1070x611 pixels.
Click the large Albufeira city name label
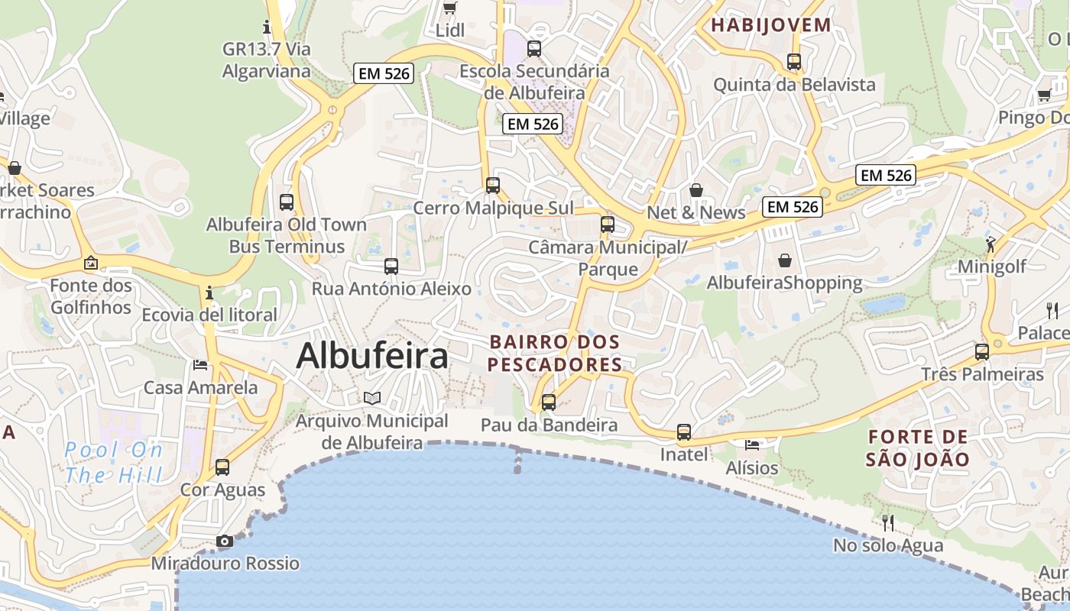tap(372, 356)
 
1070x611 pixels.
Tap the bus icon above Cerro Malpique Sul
tap(493, 185)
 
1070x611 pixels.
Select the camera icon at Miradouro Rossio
tap(224, 541)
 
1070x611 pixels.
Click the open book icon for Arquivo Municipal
tap(372, 398)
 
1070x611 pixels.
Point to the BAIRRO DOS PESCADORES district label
tap(555, 353)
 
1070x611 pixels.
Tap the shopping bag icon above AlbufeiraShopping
tap(785, 260)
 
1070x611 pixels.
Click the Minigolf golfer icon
tap(991, 244)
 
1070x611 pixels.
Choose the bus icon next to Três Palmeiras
tap(982, 352)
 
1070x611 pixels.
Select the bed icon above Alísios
tap(752, 445)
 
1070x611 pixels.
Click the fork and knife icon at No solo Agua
tap(887, 523)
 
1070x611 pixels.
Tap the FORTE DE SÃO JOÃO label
tap(918, 448)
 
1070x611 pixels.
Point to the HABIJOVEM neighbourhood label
tap(770, 25)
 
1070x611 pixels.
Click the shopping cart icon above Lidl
tap(450, 8)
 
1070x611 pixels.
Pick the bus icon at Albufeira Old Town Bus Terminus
tap(287, 202)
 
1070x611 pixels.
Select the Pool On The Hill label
tap(114, 463)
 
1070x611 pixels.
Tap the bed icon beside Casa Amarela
tap(200, 365)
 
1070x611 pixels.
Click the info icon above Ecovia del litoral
tap(209, 293)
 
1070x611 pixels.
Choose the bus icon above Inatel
tap(684, 432)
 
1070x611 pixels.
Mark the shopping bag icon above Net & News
tap(696, 189)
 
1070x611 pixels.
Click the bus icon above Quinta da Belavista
tap(794, 62)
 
